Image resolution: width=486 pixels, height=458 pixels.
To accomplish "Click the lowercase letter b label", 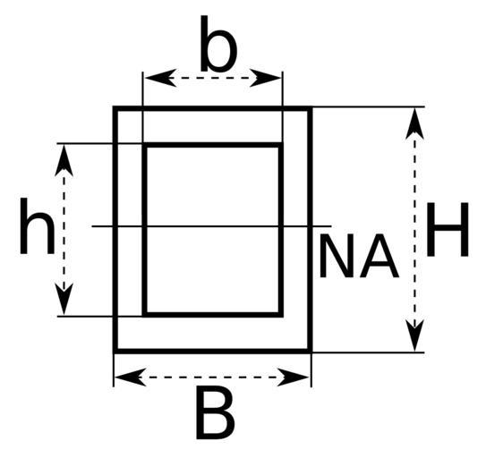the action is [218, 43].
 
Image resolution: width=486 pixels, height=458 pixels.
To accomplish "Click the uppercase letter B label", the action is [216, 413].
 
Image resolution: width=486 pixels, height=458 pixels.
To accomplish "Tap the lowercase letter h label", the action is [38, 226].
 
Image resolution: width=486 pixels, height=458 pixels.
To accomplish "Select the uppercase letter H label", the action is [448, 230].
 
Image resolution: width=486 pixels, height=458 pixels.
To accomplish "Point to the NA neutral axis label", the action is [359, 256].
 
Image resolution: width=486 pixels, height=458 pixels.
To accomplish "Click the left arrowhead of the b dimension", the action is [160, 78].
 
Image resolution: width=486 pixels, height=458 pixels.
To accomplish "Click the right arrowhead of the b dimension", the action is [266, 78].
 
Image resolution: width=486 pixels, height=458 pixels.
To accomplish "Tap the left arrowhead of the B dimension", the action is [130, 377].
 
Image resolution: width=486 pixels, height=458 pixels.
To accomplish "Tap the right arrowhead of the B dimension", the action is [294, 377].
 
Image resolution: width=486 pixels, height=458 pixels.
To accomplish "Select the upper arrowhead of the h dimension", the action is [64, 160].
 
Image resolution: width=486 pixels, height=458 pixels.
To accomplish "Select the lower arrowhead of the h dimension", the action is [64, 299].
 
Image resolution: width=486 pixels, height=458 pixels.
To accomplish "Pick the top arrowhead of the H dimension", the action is [414, 123].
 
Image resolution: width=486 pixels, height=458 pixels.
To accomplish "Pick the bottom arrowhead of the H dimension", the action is [414, 335].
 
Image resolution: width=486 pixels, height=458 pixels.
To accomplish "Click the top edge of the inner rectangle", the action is [213, 145].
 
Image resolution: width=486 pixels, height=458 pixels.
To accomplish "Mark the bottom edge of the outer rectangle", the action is [213, 351].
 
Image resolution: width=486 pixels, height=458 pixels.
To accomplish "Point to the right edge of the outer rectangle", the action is [310, 230].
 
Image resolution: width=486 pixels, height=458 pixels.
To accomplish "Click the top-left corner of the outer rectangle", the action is [115, 108].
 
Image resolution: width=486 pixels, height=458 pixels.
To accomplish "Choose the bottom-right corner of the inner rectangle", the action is [281, 315].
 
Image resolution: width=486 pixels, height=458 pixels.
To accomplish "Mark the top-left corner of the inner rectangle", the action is [144, 145].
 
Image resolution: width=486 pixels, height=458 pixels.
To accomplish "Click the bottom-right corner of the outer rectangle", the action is [310, 351].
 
